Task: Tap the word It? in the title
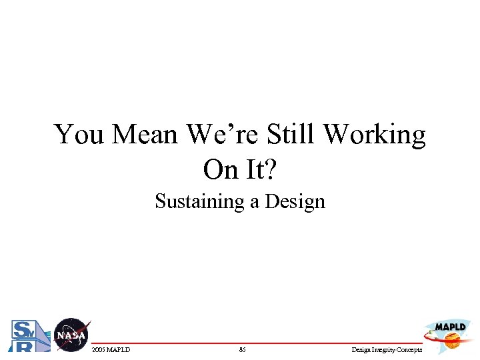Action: point(260,170)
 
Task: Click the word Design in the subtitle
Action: point(295,201)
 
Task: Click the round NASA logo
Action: point(71,335)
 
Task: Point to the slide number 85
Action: point(242,349)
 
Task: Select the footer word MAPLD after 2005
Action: point(119,349)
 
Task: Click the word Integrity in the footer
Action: point(385,349)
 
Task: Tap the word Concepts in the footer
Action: point(410,349)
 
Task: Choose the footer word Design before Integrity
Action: point(361,349)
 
